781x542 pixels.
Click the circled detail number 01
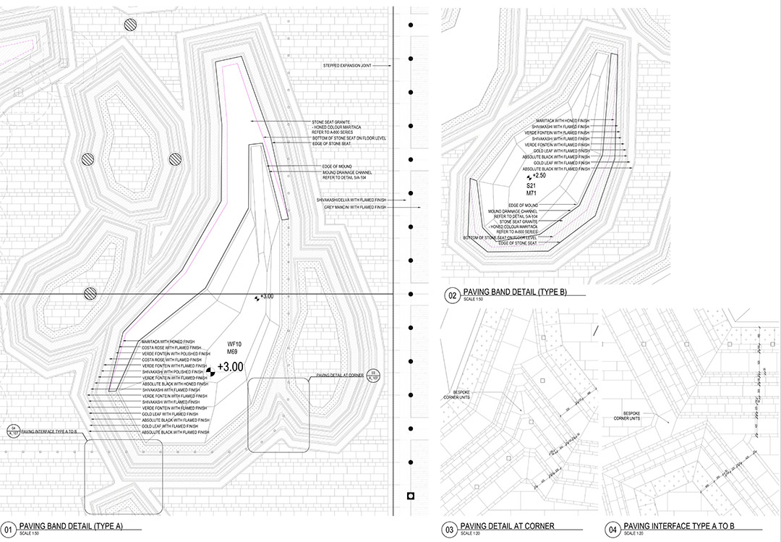coord(9,529)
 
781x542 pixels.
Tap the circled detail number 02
coord(452,295)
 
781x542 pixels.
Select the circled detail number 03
coord(450,530)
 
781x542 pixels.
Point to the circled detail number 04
coord(613,530)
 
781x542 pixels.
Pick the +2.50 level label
coord(538,176)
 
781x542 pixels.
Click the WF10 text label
coord(234,344)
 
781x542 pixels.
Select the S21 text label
coord(532,186)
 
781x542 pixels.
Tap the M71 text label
coord(532,195)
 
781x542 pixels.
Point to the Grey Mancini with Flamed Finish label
coord(357,208)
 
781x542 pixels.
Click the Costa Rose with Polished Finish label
coord(171,347)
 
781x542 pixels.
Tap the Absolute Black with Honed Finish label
coord(174,384)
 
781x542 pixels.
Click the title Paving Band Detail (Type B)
coord(516,292)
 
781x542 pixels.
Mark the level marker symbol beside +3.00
coord(211,373)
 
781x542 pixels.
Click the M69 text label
coord(233,352)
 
